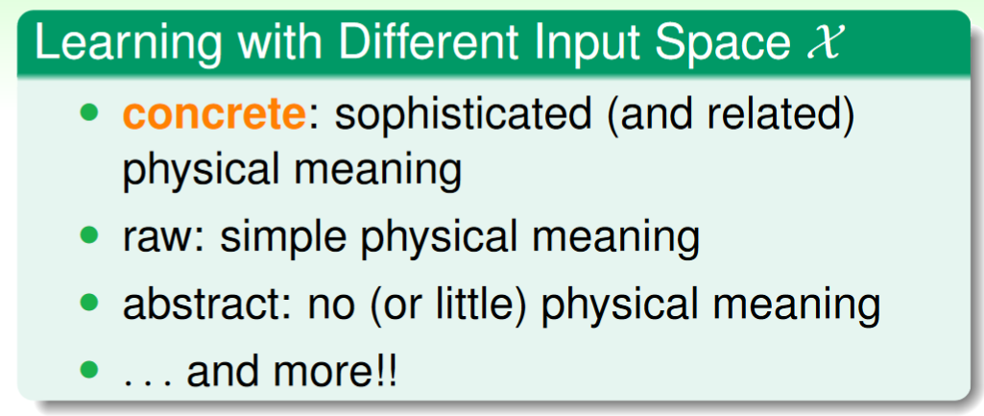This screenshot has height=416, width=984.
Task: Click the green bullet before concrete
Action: [x=90, y=113]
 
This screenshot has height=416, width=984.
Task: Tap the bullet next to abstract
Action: [x=90, y=303]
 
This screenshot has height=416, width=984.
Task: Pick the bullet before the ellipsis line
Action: [x=90, y=368]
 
